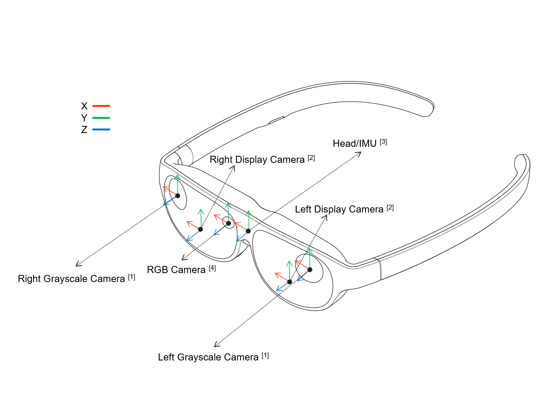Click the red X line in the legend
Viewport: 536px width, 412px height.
click(x=101, y=106)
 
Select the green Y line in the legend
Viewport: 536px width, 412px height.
click(x=101, y=118)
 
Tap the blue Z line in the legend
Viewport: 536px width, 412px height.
click(x=101, y=130)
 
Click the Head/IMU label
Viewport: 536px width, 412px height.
click(x=355, y=144)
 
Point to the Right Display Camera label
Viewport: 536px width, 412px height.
click(x=257, y=160)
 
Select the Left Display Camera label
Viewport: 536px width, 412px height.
click(x=339, y=210)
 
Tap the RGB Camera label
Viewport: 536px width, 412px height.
click(x=176, y=270)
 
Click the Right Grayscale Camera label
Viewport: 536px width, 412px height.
click(x=71, y=279)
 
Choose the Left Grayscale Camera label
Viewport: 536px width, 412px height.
click(x=208, y=357)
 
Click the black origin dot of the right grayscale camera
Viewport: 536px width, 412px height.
click(x=178, y=196)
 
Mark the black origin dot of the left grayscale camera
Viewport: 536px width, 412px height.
click(x=310, y=270)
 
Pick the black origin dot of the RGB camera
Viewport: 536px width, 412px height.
click(x=228, y=223)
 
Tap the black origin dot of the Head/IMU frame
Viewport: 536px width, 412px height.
click(x=248, y=231)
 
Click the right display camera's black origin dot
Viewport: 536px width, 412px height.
click(x=200, y=229)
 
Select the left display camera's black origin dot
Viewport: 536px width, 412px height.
click(x=290, y=282)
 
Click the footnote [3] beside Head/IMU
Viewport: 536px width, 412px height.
click(x=383, y=142)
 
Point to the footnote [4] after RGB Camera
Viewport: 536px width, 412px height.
click(x=212, y=268)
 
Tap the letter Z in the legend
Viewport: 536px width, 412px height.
click(x=84, y=130)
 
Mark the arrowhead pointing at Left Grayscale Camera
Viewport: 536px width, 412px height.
click(x=216, y=345)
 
